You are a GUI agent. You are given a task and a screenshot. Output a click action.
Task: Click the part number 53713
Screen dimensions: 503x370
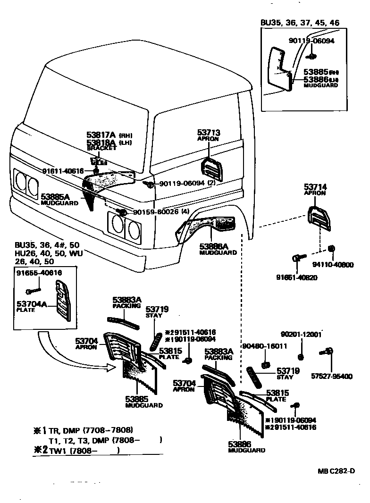[x=209, y=133]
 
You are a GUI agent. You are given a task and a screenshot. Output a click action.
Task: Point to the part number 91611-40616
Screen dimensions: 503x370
[x=63, y=171]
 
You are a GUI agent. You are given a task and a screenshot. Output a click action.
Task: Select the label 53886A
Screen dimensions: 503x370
[x=214, y=246]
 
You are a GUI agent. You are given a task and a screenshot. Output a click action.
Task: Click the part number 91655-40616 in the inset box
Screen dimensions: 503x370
[x=39, y=273]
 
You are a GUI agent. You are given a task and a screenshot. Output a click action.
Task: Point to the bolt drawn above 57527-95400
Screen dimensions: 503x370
[x=327, y=351]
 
